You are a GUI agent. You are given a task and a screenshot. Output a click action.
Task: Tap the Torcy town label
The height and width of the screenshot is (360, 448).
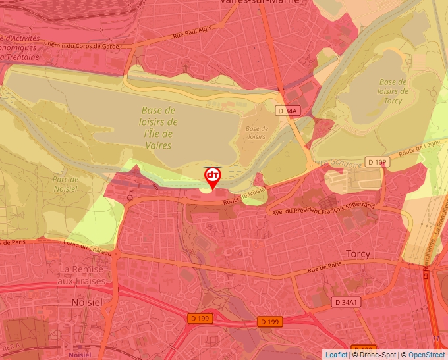358,253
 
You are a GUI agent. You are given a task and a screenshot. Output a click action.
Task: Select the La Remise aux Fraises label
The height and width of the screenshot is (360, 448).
82,275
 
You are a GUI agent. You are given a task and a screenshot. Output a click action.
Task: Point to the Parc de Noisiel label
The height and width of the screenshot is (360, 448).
65,184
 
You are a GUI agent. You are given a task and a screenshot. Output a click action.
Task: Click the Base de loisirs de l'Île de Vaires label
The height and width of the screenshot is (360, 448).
158,128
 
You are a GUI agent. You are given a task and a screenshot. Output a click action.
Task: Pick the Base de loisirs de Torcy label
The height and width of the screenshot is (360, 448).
393,91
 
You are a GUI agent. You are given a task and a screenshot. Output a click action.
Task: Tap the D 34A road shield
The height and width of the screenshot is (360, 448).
289,111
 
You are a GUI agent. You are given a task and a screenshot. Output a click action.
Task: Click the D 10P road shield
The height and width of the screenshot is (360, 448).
378,162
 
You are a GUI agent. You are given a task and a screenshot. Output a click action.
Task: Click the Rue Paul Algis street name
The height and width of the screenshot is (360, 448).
194,32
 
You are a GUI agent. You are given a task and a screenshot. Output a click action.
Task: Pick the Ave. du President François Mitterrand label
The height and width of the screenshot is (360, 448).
323,209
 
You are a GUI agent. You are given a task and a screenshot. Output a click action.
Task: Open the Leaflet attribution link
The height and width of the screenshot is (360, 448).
336,355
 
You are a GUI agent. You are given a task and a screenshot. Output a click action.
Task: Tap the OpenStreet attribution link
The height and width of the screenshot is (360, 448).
426,355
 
